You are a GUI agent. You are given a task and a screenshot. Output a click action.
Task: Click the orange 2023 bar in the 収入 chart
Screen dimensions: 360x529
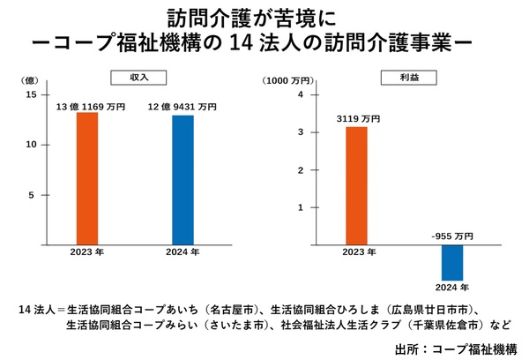tap(87, 177)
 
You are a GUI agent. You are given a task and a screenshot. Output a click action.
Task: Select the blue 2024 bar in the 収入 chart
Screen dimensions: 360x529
tap(183, 179)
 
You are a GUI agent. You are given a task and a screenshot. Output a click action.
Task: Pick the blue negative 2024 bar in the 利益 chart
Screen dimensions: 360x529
tap(452, 261)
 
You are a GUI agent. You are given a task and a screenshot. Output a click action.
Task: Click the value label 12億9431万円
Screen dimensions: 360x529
tap(183, 108)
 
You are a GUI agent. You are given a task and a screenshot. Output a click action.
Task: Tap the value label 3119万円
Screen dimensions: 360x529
tap(358, 118)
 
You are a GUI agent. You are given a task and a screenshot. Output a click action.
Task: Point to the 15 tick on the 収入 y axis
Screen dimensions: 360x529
tap(31, 94)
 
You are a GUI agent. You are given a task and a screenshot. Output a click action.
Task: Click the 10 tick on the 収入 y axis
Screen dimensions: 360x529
tap(31, 144)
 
